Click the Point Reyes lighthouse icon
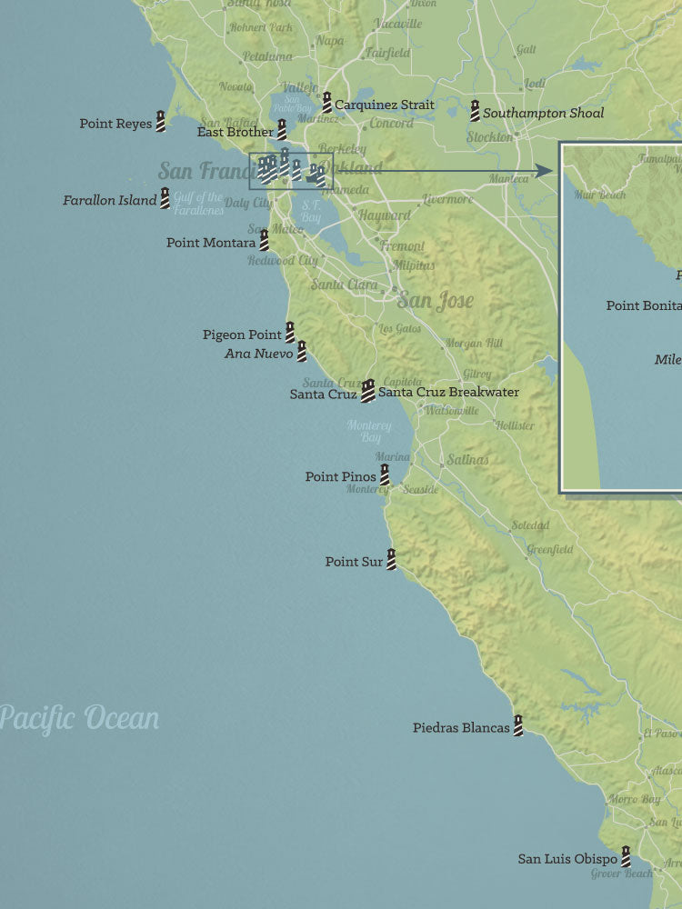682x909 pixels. tap(161, 121)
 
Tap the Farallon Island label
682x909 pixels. tap(109, 200)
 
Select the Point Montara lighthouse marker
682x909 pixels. tap(264, 240)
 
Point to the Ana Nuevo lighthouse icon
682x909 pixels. tap(302, 351)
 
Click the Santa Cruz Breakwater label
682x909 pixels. tap(448, 393)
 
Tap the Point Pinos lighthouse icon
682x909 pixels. tap(385, 474)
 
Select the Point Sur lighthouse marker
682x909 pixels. tap(391, 559)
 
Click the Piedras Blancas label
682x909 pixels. tap(461, 728)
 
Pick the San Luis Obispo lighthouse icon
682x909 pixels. tap(626, 856)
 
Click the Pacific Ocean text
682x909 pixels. tap(79, 718)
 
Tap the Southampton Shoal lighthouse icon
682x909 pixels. tap(475, 111)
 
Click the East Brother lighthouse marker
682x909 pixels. tap(282, 129)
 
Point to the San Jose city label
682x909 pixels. tap(435, 301)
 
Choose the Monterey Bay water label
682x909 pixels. tap(368, 432)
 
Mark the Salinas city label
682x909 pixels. tap(467, 460)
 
